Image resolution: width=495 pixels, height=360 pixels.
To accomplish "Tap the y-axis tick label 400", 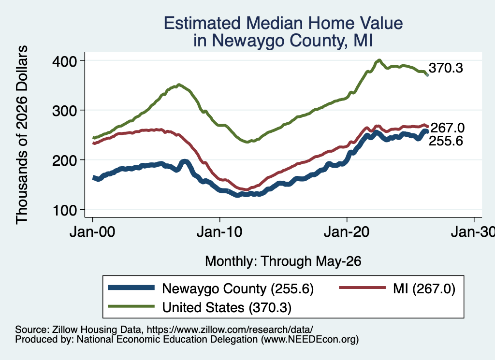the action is (64, 61).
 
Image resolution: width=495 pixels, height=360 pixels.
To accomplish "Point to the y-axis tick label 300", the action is (64, 111).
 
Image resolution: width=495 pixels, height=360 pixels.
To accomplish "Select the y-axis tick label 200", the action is (64, 160).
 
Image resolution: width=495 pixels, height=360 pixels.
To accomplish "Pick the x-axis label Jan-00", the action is (92, 232).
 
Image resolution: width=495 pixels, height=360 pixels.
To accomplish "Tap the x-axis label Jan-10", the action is (219, 232).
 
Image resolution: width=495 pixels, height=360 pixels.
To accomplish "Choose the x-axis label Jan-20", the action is (347, 232).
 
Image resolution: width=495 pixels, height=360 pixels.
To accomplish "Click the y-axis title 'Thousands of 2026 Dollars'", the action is (22, 135).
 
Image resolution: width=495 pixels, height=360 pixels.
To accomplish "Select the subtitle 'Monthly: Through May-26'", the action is (283, 261).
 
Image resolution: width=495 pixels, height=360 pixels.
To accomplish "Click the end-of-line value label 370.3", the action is (446, 68).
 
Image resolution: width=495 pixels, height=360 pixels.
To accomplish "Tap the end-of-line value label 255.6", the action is (446, 141).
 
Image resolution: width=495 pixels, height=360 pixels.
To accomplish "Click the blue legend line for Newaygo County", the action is (131, 288).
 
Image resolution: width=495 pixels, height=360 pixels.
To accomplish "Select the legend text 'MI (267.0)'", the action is (424, 288).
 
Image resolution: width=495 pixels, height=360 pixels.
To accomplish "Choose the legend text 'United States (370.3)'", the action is (227, 307).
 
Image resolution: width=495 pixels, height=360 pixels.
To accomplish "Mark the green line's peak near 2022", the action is (379, 60).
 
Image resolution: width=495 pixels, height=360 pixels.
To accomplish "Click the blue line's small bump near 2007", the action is (185, 162).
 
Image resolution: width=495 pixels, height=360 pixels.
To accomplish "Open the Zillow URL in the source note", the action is (230, 330).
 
